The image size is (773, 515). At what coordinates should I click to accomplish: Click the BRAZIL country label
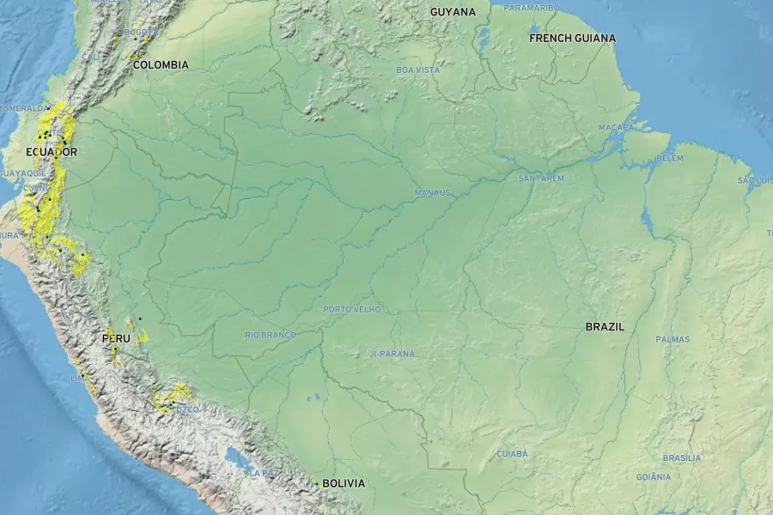coord(605,327)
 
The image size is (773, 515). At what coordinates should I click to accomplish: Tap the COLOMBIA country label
coord(161,64)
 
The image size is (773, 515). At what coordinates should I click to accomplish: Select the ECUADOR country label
coord(52,152)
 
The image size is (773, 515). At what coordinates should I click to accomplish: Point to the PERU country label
coord(116,339)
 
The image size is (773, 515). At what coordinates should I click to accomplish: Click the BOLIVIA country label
coord(344,483)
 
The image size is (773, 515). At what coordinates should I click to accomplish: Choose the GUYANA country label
coord(453,12)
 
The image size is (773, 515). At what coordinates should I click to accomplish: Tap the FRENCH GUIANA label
coord(572,38)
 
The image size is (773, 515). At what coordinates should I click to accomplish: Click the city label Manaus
coord(433,193)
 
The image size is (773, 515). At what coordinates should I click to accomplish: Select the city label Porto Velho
coord(351,309)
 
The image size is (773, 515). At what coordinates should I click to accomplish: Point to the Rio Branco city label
coord(271,335)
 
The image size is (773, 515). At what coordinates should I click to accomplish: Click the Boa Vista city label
coord(418,70)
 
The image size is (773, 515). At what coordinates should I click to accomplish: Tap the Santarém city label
coord(541,179)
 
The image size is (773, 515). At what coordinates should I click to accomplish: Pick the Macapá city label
coord(616,128)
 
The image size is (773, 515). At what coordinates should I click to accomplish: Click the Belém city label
coord(670,159)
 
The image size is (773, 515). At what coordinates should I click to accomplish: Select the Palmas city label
coord(673,339)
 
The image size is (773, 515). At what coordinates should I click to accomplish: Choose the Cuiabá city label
coord(513,453)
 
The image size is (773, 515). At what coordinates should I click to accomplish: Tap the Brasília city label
coord(682,458)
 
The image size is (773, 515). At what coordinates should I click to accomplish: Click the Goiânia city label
coord(654,477)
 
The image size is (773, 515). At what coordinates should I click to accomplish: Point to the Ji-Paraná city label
coord(392,354)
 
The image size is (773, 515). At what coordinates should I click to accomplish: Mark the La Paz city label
coord(263,472)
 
